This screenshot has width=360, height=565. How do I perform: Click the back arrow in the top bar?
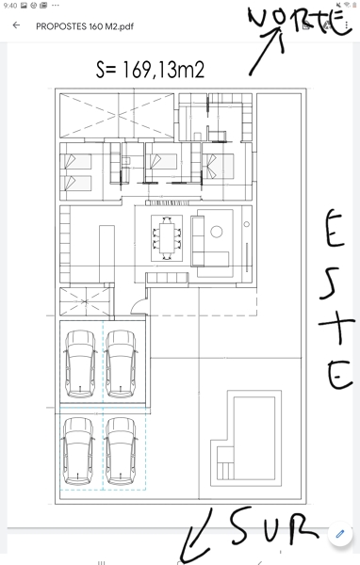pyautogui.click(x=16, y=25)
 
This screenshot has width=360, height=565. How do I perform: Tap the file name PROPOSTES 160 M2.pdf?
pyautogui.click(x=85, y=26)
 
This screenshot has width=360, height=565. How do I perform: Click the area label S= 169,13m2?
pyautogui.click(x=150, y=70)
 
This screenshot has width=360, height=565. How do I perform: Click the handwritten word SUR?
pyautogui.click(x=274, y=526)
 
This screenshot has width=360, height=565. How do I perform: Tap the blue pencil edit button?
pyautogui.click(x=340, y=534)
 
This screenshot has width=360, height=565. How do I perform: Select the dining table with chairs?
pyautogui.click(x=167, y=238)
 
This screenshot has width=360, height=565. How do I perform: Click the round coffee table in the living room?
pyautogui.click(x=217, y=232)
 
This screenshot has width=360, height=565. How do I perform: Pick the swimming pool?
pyautogui.click(x=254, y=438)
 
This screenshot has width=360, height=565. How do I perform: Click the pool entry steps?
pyautogui.click(x=225, y=463)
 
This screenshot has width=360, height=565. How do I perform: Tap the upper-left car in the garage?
pyautogui.click(x=80, y=363)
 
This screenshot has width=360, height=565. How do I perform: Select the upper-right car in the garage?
pyautogui.click(x=122, y=363)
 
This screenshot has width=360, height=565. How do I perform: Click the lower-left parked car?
pyautogui.click(x=78, y=451)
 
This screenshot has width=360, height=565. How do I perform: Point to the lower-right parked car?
pyautogui.click(x=122, y=451)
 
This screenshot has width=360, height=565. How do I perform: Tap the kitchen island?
pyautogui.click(x=106, y=253)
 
